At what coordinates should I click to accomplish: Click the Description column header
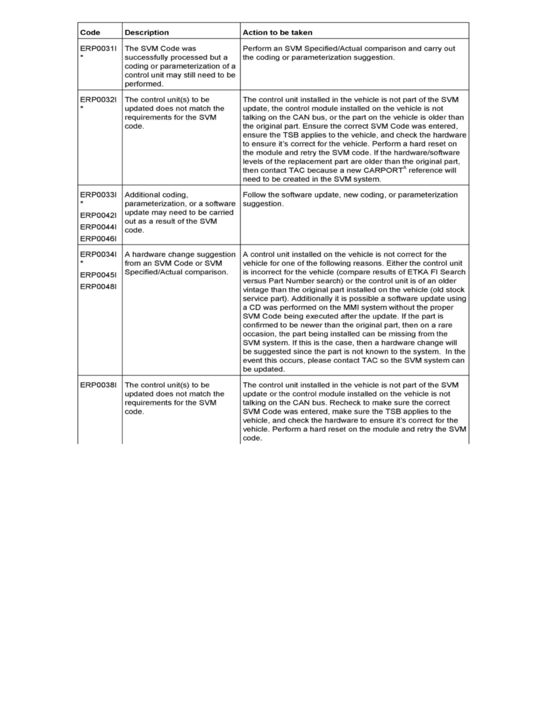(x=146, y=32)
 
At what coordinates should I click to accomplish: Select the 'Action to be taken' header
(x=277, y=32)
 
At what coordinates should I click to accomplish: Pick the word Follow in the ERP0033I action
(x=255, y=195)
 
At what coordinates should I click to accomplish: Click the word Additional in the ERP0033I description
(x=143, y=195)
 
